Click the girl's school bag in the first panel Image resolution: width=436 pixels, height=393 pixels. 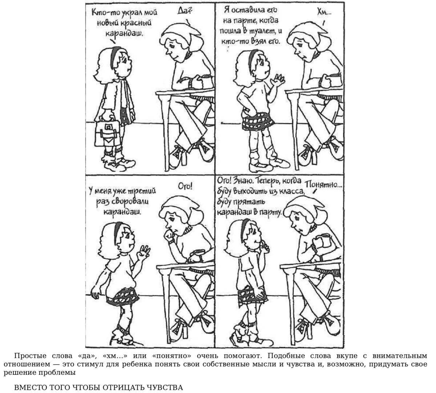coord(107,133)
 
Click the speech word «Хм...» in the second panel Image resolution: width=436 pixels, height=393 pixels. coord(324,13)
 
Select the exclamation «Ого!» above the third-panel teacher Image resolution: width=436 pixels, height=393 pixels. coord(185,186)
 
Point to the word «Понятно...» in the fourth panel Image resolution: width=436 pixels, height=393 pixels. coord(323,185)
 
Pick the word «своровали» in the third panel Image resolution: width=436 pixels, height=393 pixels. coord(130,202)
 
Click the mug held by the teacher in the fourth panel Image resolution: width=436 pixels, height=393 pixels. coord(326,240)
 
